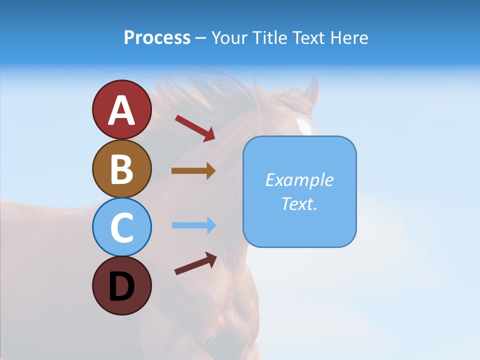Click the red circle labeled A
click(x=121, y=109)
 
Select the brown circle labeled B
click(x=121, y=168)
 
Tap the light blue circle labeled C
click(x=121, y=227)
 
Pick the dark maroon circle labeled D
click(x=121, y=285)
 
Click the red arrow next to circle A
click(x=195, y=128)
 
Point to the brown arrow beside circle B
click(x=193, y=171)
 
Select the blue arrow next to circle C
click(x=193, y=225)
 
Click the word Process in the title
click(x=157, y=38)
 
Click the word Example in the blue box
click(x=299, y=180)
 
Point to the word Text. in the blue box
click(x=299, y=203)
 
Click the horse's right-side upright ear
click(x=312, y=90)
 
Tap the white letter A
click(x=121, y=110)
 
